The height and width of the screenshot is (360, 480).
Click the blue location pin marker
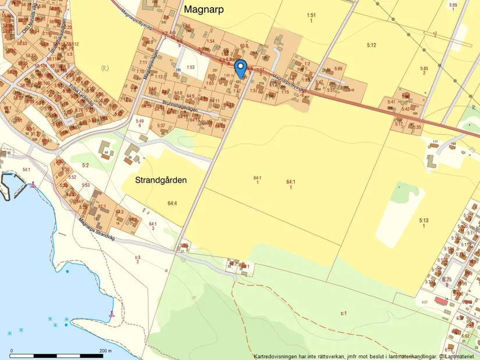(x=240, y=68)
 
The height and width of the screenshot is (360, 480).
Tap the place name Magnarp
(x=204, y=10)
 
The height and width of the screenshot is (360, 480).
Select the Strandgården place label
(x=161, y=180)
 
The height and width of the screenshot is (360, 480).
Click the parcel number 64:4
(x=172, y=203)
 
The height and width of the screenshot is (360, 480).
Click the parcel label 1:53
(x=190, y=67)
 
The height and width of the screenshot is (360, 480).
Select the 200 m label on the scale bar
(x=105, y=350)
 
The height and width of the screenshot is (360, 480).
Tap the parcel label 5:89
(x=339, y=69)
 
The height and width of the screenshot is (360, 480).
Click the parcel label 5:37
(x=161, y=126)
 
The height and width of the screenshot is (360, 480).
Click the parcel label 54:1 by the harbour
(x=26, y=169)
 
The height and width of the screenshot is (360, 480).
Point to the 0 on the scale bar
(x=11, y=350)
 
